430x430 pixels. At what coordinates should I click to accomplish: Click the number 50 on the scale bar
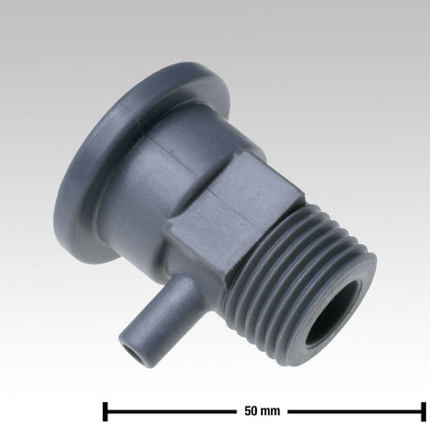[251, 410]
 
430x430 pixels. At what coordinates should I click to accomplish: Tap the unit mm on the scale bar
[271, 410]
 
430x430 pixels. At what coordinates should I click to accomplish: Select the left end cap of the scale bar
[105, 410]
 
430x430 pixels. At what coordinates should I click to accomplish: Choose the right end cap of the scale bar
[422, 410]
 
